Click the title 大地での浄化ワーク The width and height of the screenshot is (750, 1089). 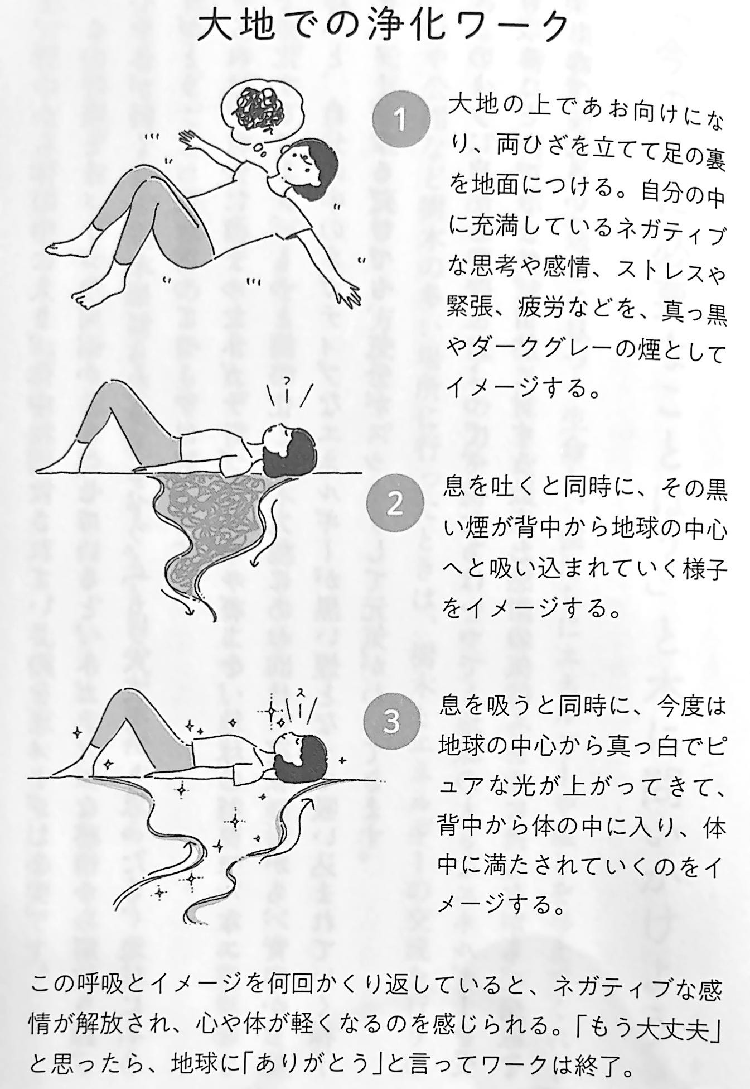(384, 28)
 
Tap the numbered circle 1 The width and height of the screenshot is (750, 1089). (400, 119)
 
